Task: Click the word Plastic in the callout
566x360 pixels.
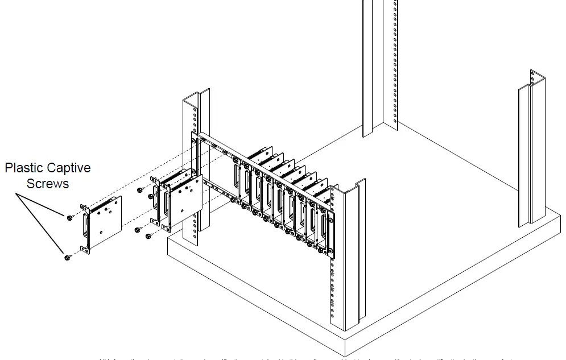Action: coord(25,168)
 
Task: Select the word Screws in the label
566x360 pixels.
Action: coord(48,183)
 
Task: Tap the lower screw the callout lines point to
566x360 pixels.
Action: coord(67,258)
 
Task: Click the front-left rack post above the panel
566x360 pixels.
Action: coord(197,111)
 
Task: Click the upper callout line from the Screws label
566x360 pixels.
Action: coord(42,205)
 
